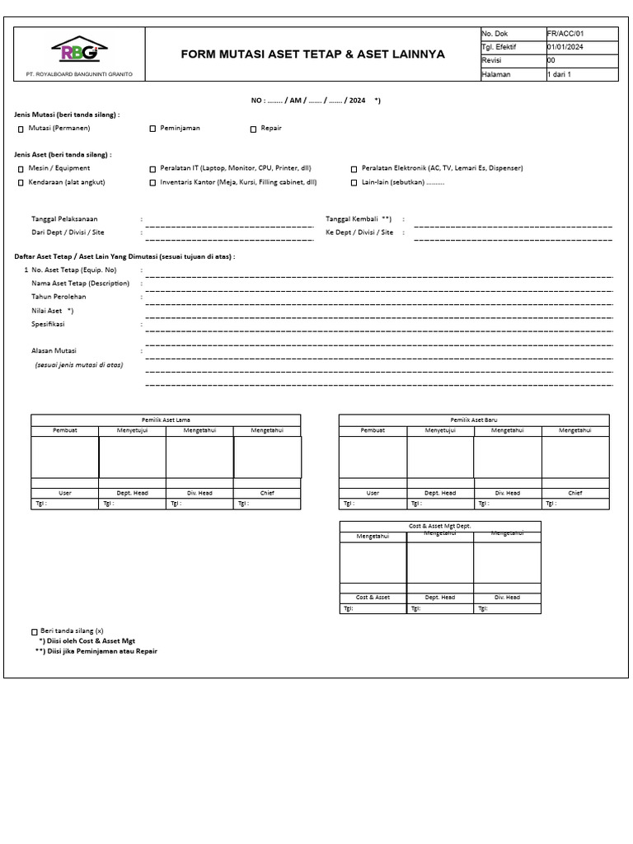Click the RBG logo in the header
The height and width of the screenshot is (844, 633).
(x=78, y=51)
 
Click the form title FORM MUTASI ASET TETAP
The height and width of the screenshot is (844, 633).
(x=312, y=54)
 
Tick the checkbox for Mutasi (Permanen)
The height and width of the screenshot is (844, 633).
(x=21, y=129)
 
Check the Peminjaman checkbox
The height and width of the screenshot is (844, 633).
(x=152, y=129)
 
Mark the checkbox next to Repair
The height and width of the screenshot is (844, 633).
(x=254, y=129)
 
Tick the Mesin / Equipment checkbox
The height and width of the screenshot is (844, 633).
(x=21, y=168)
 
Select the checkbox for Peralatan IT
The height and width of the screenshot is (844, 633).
(x=152, y=168)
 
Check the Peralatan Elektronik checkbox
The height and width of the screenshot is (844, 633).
(x=354, y=168)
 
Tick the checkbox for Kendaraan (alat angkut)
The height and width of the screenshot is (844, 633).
(x=21, y=183)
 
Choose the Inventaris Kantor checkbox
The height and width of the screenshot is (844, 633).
(x=152, y=183)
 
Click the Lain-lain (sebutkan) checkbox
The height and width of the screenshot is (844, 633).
(x=354, y=183)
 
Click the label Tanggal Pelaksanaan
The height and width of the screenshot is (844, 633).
(x=64, y=219)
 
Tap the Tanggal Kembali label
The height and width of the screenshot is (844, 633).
(x=359, y=219)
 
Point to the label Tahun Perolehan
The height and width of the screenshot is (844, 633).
(x=59, y=297)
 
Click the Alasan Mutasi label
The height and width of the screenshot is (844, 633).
(x=54, y=351)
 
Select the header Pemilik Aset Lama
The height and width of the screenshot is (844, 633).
(x=166, y=420)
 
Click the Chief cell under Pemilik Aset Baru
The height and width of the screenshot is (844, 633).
(x=574, y=493)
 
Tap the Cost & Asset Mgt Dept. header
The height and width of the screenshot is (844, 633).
(x=440, y=525)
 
